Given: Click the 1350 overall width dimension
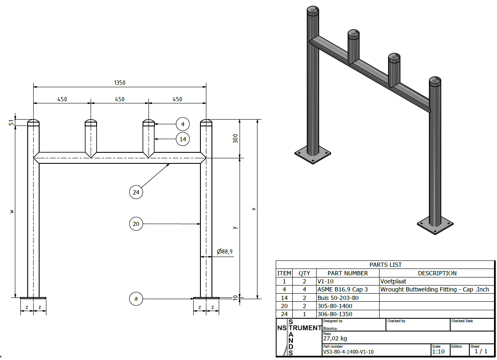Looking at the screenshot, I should pos(120,83).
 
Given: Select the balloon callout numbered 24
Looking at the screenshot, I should pos(136,192).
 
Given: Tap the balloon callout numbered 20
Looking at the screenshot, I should pos(136,223).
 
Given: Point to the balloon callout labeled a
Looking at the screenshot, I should pos(136,299).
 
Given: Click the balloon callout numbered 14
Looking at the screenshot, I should pos(183,139).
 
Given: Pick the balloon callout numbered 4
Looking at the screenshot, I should pos(183,124).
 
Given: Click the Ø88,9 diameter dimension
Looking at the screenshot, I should pos(225,252).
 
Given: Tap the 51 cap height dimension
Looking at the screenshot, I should pos(12,123).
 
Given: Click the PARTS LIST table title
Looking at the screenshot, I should pos(386,265).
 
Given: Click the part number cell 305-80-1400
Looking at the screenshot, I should pos(335,306).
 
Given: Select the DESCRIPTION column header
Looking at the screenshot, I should pos(437,273).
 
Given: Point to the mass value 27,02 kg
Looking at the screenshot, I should pos(335,339).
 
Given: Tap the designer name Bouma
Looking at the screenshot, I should pos(330,329).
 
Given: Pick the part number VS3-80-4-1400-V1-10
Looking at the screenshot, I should pos(349,352).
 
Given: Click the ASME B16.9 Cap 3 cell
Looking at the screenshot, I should pos(343,289).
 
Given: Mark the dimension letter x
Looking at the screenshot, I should pos(254,209).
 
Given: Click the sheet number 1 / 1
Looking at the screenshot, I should pos(481,351).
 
